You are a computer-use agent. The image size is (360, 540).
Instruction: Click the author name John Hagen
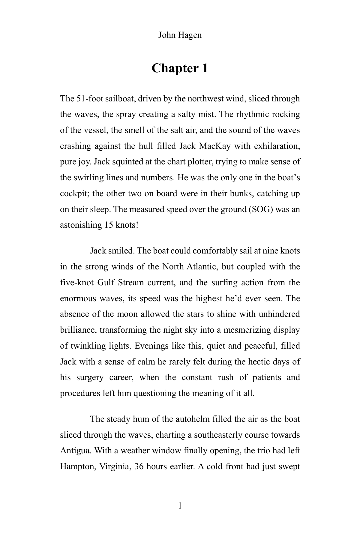pyautogui.click(x=180, y=35)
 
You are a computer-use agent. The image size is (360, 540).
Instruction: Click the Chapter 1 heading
pyautogui.click(x=180, y=68)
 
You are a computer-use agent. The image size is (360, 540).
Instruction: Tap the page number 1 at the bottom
pyautogui.click(x=180, y=506)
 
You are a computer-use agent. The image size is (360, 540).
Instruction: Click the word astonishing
pyautogui.click(x=80, y=225)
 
